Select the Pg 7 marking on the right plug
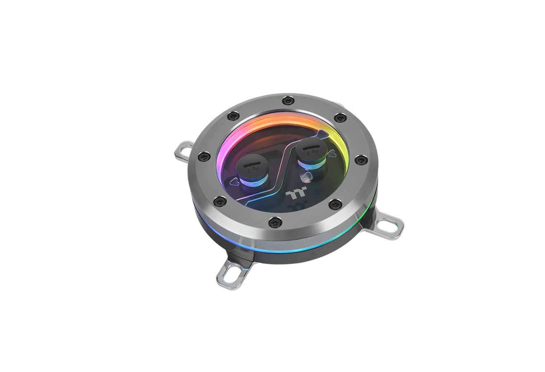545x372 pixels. coord(315,151)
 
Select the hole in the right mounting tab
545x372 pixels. coord(394,226)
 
